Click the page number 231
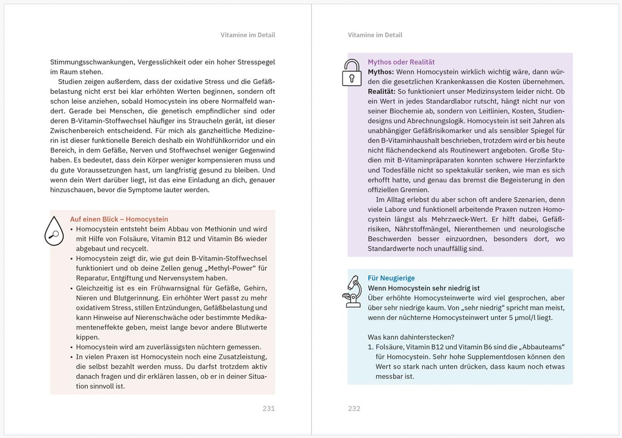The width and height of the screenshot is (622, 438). [268, 408]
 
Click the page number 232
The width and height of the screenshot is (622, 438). [354, 408]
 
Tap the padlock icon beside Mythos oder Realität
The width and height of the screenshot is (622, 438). [352, 73]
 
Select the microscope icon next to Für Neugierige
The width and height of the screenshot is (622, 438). [352, 291]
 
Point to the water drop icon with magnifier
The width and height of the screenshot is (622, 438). [54, 231]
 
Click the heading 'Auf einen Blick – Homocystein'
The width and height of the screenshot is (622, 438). [119, 219]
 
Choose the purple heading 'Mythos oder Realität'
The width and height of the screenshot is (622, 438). [401, 62]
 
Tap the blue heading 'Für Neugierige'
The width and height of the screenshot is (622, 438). [391, 278]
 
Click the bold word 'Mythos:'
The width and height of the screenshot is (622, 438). [380, 72]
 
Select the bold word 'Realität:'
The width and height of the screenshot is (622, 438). [381, 91]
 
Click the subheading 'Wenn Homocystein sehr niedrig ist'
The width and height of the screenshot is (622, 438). [424, 288]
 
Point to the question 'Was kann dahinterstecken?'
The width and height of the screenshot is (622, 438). [411, 337]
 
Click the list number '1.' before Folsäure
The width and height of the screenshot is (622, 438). [370, 347]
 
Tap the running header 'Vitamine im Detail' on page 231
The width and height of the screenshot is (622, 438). [248, 35]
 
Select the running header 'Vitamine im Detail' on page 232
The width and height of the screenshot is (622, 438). [375, 35]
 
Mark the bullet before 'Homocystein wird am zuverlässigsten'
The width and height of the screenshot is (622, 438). [71, 347]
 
